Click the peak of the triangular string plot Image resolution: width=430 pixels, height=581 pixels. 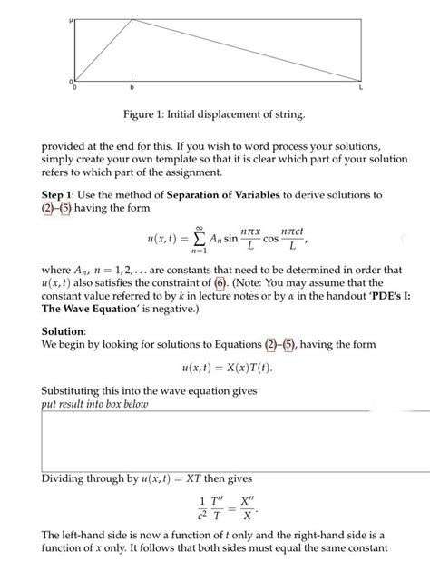click(x=132, y=18)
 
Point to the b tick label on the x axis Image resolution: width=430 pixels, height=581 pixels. click(x=132, y=89)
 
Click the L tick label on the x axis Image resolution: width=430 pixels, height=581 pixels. click(x=360, y=89)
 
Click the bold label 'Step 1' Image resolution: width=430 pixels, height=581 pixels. click(x=62, y=195)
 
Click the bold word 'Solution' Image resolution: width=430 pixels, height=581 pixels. click(x=67, y=331)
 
